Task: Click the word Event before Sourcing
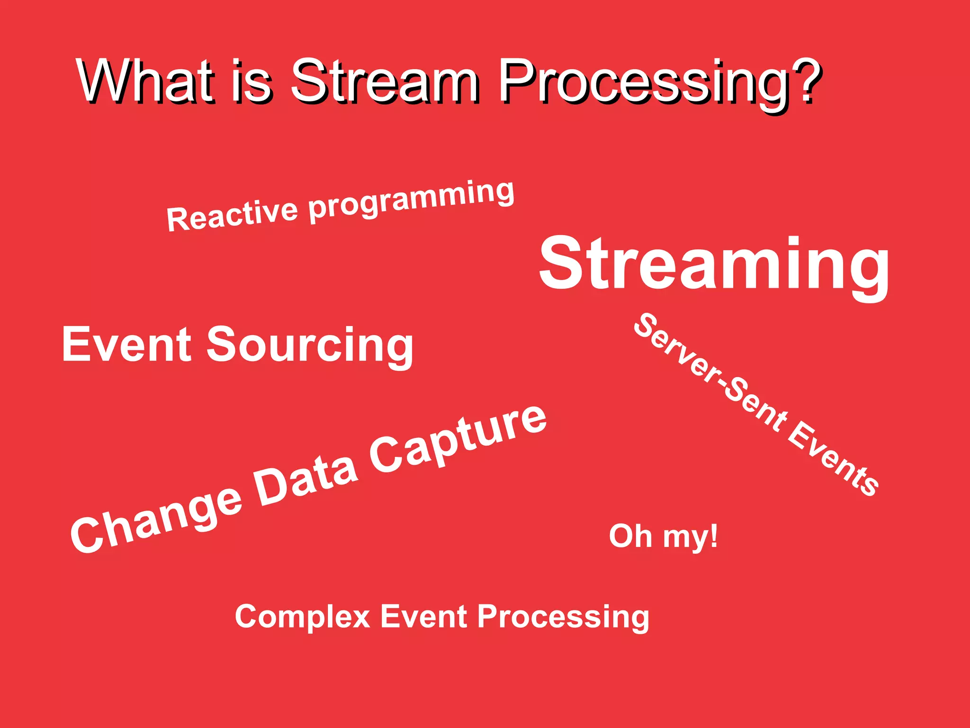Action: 126,345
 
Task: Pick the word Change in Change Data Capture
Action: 156,520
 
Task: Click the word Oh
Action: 630,536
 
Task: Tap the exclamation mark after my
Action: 713,536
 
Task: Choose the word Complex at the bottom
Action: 302,617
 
